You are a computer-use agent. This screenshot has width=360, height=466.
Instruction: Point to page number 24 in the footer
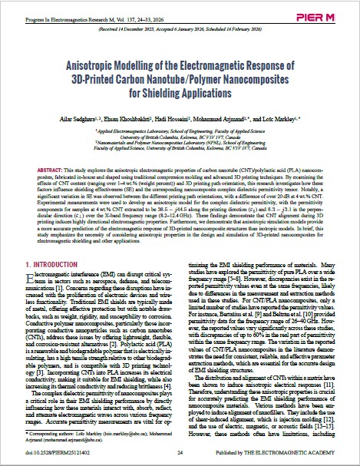point(180,454)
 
